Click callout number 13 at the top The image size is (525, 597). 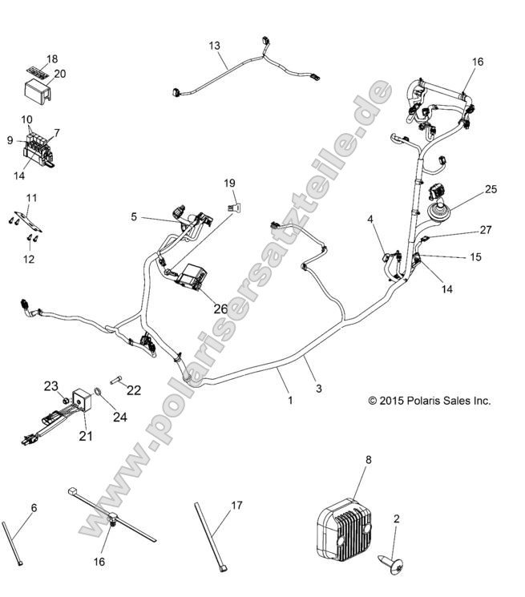214,46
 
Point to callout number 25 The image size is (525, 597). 491,190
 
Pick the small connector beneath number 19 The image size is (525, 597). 233,205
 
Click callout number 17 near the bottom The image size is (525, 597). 236,506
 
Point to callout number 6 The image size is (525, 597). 34,507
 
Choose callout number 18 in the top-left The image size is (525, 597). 52,59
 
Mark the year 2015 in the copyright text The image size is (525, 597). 394,401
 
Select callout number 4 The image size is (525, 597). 370,218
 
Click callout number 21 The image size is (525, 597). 86,436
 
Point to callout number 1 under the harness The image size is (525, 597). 290,398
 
